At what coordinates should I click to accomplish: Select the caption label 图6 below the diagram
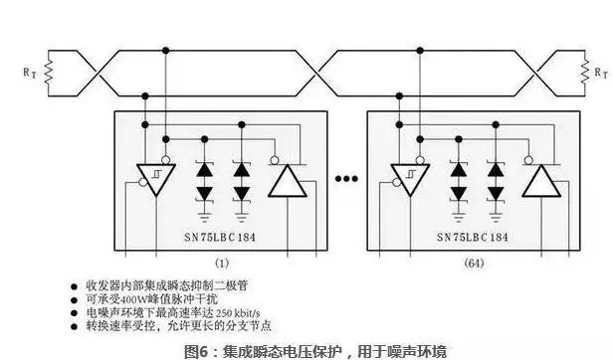197,351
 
